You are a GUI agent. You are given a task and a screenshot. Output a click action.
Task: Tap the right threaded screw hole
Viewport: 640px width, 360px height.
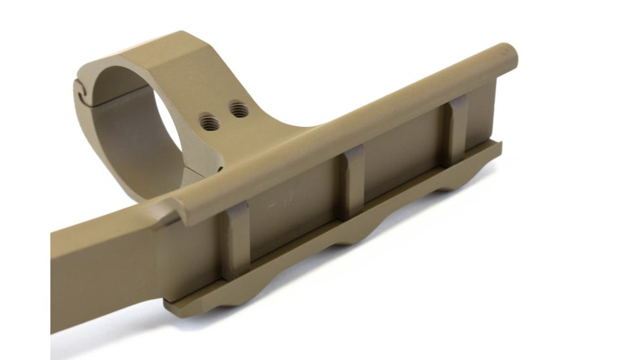(x=240, y=108)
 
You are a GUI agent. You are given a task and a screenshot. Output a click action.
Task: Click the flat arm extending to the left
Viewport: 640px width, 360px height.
(x=98, y=275)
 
